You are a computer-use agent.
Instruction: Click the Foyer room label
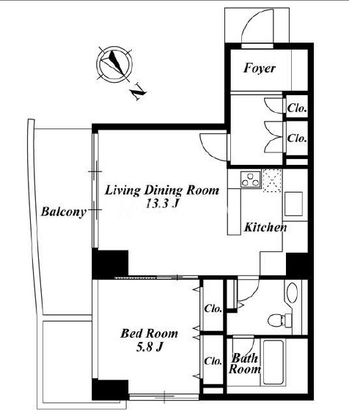259,68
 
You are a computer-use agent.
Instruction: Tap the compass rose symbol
114,64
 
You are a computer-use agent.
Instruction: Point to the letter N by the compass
139,92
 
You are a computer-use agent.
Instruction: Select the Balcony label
64,212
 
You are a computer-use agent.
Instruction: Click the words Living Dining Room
162,190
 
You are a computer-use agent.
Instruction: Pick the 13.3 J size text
162,204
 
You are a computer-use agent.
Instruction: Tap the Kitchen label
265,227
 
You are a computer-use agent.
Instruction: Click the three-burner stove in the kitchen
251,179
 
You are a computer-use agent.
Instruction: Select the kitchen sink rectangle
293,204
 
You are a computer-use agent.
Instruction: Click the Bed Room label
149,333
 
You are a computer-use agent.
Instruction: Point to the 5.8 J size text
150,347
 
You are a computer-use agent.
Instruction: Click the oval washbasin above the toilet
292,292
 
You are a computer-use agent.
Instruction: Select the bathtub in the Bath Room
274,362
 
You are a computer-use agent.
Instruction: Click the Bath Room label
244,363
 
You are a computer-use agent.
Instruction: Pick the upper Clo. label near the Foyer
297,108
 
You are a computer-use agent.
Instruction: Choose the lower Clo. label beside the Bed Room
213,361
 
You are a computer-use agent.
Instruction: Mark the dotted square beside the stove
272,180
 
